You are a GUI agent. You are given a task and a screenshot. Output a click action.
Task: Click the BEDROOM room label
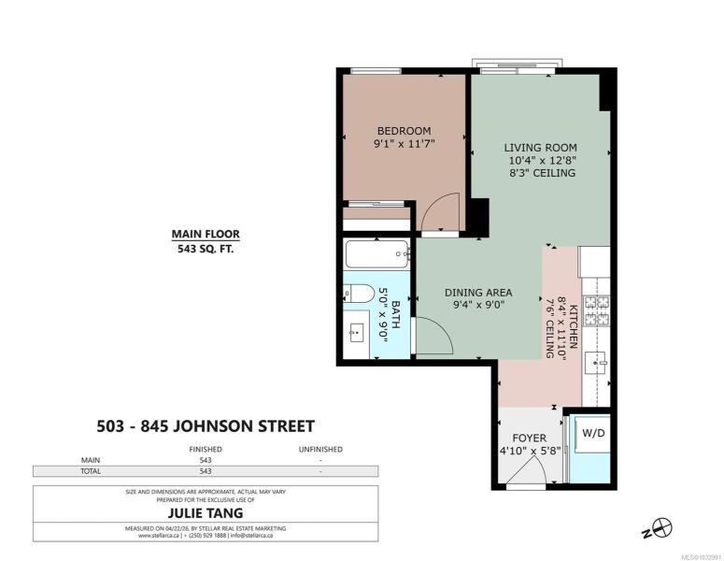(x=404, y=131)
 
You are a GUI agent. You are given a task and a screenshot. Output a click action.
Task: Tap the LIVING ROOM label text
(x=540, y=148)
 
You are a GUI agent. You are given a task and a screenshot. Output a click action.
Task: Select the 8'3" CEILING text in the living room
(x=543, y=173)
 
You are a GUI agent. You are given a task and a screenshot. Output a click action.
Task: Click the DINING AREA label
(x=478, y=293)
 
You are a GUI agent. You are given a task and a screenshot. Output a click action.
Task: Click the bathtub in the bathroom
(x=377, y=254)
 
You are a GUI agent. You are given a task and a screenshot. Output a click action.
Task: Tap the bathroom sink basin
(x=357, y=333)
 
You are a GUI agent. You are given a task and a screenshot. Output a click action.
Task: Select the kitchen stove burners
(x=598, y=310)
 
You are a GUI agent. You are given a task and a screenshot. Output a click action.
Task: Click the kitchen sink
(x=597, y=363)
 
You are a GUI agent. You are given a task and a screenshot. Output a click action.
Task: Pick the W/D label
(x=593, y=434)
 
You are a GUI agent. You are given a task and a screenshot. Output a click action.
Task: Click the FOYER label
(x=530, y=439)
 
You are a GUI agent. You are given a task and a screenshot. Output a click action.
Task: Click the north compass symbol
(x=658, y=528)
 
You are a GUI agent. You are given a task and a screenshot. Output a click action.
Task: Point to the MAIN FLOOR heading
(x=206, y=235)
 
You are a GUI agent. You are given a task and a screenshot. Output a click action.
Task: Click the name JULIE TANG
(x=206, y=513)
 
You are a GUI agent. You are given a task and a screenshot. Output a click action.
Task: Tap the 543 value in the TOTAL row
(x=206, y=471)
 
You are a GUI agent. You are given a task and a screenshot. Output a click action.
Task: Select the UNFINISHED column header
(x=320, y=449)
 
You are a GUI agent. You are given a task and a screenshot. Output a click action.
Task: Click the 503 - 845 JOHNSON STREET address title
(x=206, y=426)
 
